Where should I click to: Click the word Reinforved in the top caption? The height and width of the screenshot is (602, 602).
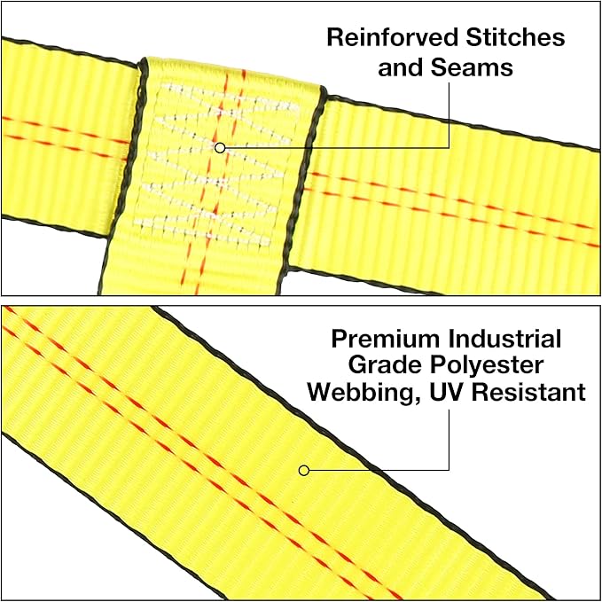pyautogui.click(x=393, y=37)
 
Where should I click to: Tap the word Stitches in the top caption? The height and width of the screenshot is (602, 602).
pyautogui.click(x=515, y=37)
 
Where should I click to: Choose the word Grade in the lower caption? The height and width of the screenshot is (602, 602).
pyautogui.click(x=384, y=364)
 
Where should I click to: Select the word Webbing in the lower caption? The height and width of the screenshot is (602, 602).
pyautogui.click(x=362, y=394)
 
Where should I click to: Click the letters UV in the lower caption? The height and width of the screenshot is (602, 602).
pyautogui.click(x=446, y=392)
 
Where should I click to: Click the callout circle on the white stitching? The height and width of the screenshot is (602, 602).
pyautogui.click(x=220, y=147)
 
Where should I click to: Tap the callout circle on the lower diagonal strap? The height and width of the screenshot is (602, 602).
pyautogui.click(x=304, y=470)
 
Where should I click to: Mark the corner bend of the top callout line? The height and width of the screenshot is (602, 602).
pyautogui.click(x=449, y=147)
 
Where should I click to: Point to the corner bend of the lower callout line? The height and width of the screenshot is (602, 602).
pyautogui.click(x=449, y=470)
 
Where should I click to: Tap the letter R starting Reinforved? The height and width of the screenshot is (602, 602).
pyautogui.click(x=335, y=37)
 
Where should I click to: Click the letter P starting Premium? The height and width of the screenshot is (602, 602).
pyautogui.click(x=340, y=339)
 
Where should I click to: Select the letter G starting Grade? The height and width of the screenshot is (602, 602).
pyautogui.click(x=357, y=364)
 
